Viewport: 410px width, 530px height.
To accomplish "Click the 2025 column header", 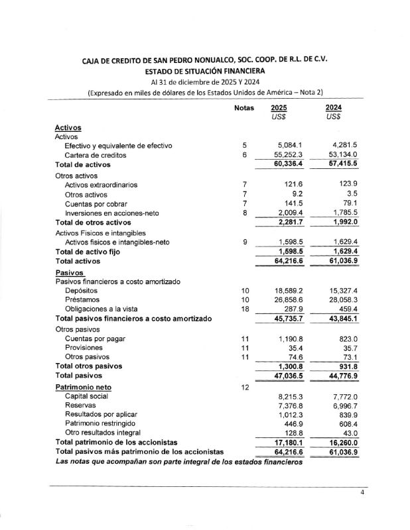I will [279, 108].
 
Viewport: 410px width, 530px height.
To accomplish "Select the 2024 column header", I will [334, 108].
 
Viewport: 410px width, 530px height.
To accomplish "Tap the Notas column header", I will [244, 108].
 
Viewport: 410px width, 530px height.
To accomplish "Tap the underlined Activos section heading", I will [68, 127].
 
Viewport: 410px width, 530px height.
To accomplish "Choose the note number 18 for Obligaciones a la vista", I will [245, 309].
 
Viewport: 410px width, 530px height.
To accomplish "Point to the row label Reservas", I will [82, 405].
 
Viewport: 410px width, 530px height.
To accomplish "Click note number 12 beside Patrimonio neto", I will [245, 386].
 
